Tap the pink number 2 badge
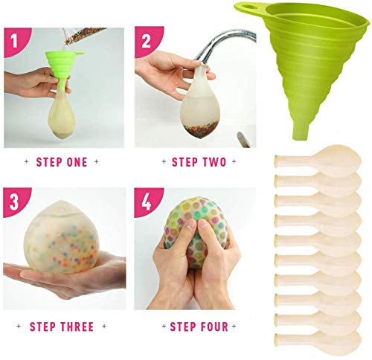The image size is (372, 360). point(147,41)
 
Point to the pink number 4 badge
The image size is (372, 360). point(147,202)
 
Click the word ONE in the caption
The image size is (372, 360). point(77,162)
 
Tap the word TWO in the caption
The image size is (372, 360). point(214,162)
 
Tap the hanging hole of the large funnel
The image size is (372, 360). point(251,6)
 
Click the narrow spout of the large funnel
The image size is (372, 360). point(301,131)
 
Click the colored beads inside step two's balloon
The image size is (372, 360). point(200,129)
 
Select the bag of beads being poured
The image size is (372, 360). point(82,37)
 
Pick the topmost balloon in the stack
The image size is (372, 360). point(318,159)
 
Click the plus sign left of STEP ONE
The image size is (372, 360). point(27,161)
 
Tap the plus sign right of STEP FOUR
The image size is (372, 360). point(234,327)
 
